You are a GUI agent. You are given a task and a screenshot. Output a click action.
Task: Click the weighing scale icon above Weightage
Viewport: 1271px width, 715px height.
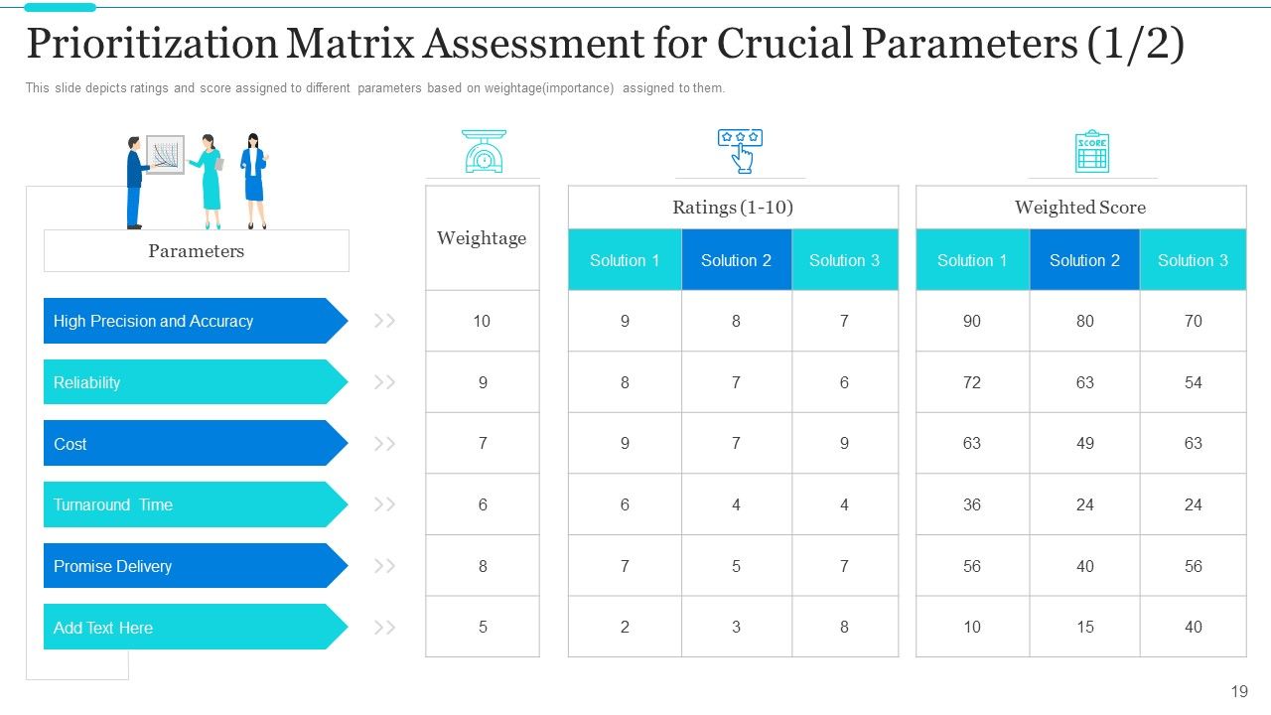pos(484,151)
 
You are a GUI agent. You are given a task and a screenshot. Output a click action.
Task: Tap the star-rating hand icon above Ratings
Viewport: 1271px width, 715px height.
pos(740,151)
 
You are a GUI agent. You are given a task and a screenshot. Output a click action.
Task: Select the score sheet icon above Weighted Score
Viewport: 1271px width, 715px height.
pos(1091,151)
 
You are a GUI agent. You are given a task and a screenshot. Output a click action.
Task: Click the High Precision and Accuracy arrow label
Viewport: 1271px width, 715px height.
pos(196,321)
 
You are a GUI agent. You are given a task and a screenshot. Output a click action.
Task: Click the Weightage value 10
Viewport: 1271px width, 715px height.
pos(482,321)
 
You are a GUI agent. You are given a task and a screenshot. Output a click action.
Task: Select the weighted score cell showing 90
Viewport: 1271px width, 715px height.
pos(972,321)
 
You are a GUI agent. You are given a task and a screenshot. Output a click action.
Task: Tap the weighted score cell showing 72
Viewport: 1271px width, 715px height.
pos(972,382)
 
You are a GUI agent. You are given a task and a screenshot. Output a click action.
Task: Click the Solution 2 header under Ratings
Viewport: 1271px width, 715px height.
pos(737,260)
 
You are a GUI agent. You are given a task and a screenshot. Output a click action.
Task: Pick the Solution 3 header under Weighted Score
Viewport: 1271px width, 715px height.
pos(1193,260)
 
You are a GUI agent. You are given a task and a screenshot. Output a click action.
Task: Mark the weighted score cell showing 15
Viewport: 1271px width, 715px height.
pos(1085,627)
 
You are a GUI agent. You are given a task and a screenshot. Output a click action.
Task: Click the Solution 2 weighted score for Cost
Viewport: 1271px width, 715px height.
pos(1085,443)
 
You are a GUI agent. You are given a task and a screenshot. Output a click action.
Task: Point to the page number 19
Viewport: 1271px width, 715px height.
pos(1239,692)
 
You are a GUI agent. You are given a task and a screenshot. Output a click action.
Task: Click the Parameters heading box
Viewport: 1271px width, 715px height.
pos(197,251)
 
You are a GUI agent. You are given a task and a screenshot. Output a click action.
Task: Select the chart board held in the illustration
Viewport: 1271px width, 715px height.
pos(166,154)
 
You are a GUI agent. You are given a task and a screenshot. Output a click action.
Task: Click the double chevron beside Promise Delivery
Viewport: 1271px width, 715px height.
pos(384,566)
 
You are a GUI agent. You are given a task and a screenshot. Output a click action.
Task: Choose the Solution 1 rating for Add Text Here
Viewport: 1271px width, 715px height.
pos(625,627)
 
